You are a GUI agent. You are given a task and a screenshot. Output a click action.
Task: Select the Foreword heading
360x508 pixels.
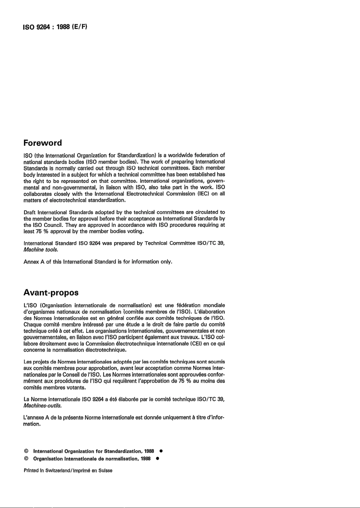(x=42, y=143)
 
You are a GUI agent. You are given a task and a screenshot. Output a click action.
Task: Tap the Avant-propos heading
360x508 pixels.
(x=51, y=293)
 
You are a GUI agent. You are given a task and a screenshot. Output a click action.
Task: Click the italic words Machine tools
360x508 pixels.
(x=41, y=250)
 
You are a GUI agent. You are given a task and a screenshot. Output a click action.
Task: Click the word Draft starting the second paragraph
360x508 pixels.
(x=30, y=212)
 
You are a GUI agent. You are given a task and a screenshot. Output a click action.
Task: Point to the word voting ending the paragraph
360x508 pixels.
(x=136, y=231)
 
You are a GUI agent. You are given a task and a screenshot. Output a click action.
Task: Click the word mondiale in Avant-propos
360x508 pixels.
(x=214, y=305)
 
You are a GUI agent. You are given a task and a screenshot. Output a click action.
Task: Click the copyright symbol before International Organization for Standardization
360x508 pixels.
(x=26, y=451)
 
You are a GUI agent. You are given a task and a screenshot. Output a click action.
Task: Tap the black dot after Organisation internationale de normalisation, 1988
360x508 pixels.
(x=157, y=459)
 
